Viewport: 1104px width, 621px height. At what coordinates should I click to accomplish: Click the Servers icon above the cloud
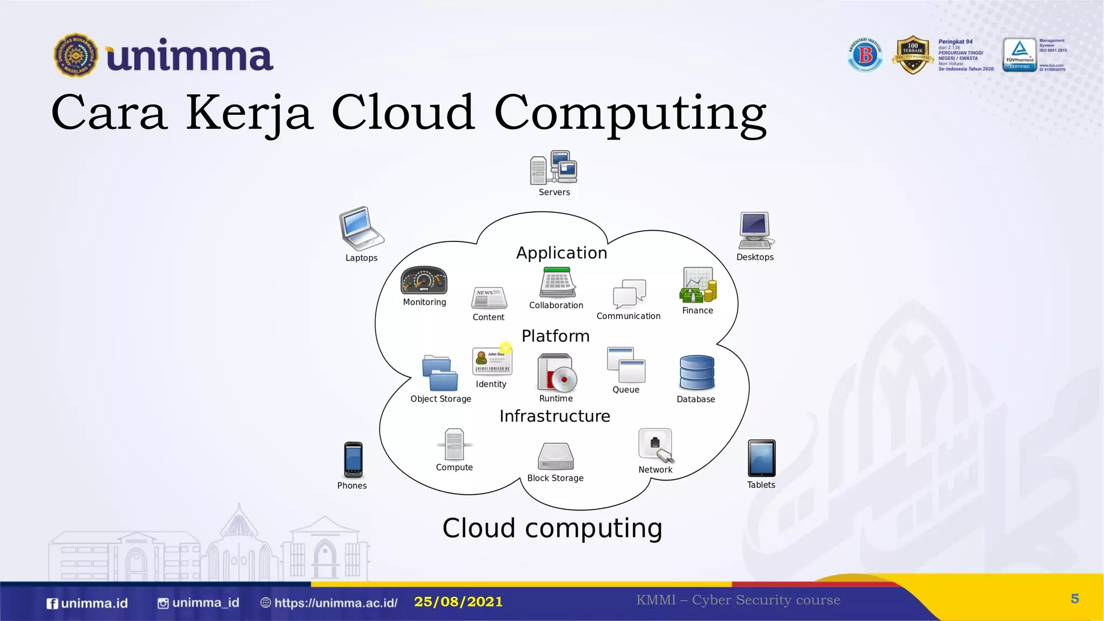coord(554,168)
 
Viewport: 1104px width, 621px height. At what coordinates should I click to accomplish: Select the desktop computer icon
coord(755,230)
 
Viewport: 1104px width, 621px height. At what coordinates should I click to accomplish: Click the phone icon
coord(353,460)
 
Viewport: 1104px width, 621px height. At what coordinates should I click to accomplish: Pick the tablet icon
coord(761,458)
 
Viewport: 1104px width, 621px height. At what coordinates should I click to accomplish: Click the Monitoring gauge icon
coord(424,280)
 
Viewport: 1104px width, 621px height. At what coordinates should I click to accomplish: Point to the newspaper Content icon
coord(489,298)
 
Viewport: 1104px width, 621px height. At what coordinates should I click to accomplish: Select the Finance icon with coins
coord(698,285)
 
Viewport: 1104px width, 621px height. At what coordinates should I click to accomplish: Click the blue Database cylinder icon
coord(696,372)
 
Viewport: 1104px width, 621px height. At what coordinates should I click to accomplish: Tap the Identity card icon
coord(492,361)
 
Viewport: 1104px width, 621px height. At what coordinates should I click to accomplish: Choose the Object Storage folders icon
coord(440,373)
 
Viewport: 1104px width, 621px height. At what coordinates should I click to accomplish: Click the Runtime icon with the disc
coord(557,372)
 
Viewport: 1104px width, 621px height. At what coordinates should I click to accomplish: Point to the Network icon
coord(655,445)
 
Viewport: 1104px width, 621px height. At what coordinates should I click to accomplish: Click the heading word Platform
coord(555,336)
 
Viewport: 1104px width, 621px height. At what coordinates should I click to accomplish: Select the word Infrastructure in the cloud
coord(555,416)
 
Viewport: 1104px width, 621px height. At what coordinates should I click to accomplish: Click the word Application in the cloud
coord(561,253)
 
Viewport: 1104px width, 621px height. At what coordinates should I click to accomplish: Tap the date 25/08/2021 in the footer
coord(458,602)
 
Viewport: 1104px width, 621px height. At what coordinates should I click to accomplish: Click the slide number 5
coord(1074,599)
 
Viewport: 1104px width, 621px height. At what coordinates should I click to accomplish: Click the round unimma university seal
coord(76,55)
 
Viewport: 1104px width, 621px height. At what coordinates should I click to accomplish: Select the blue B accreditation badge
coord(865,55)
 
